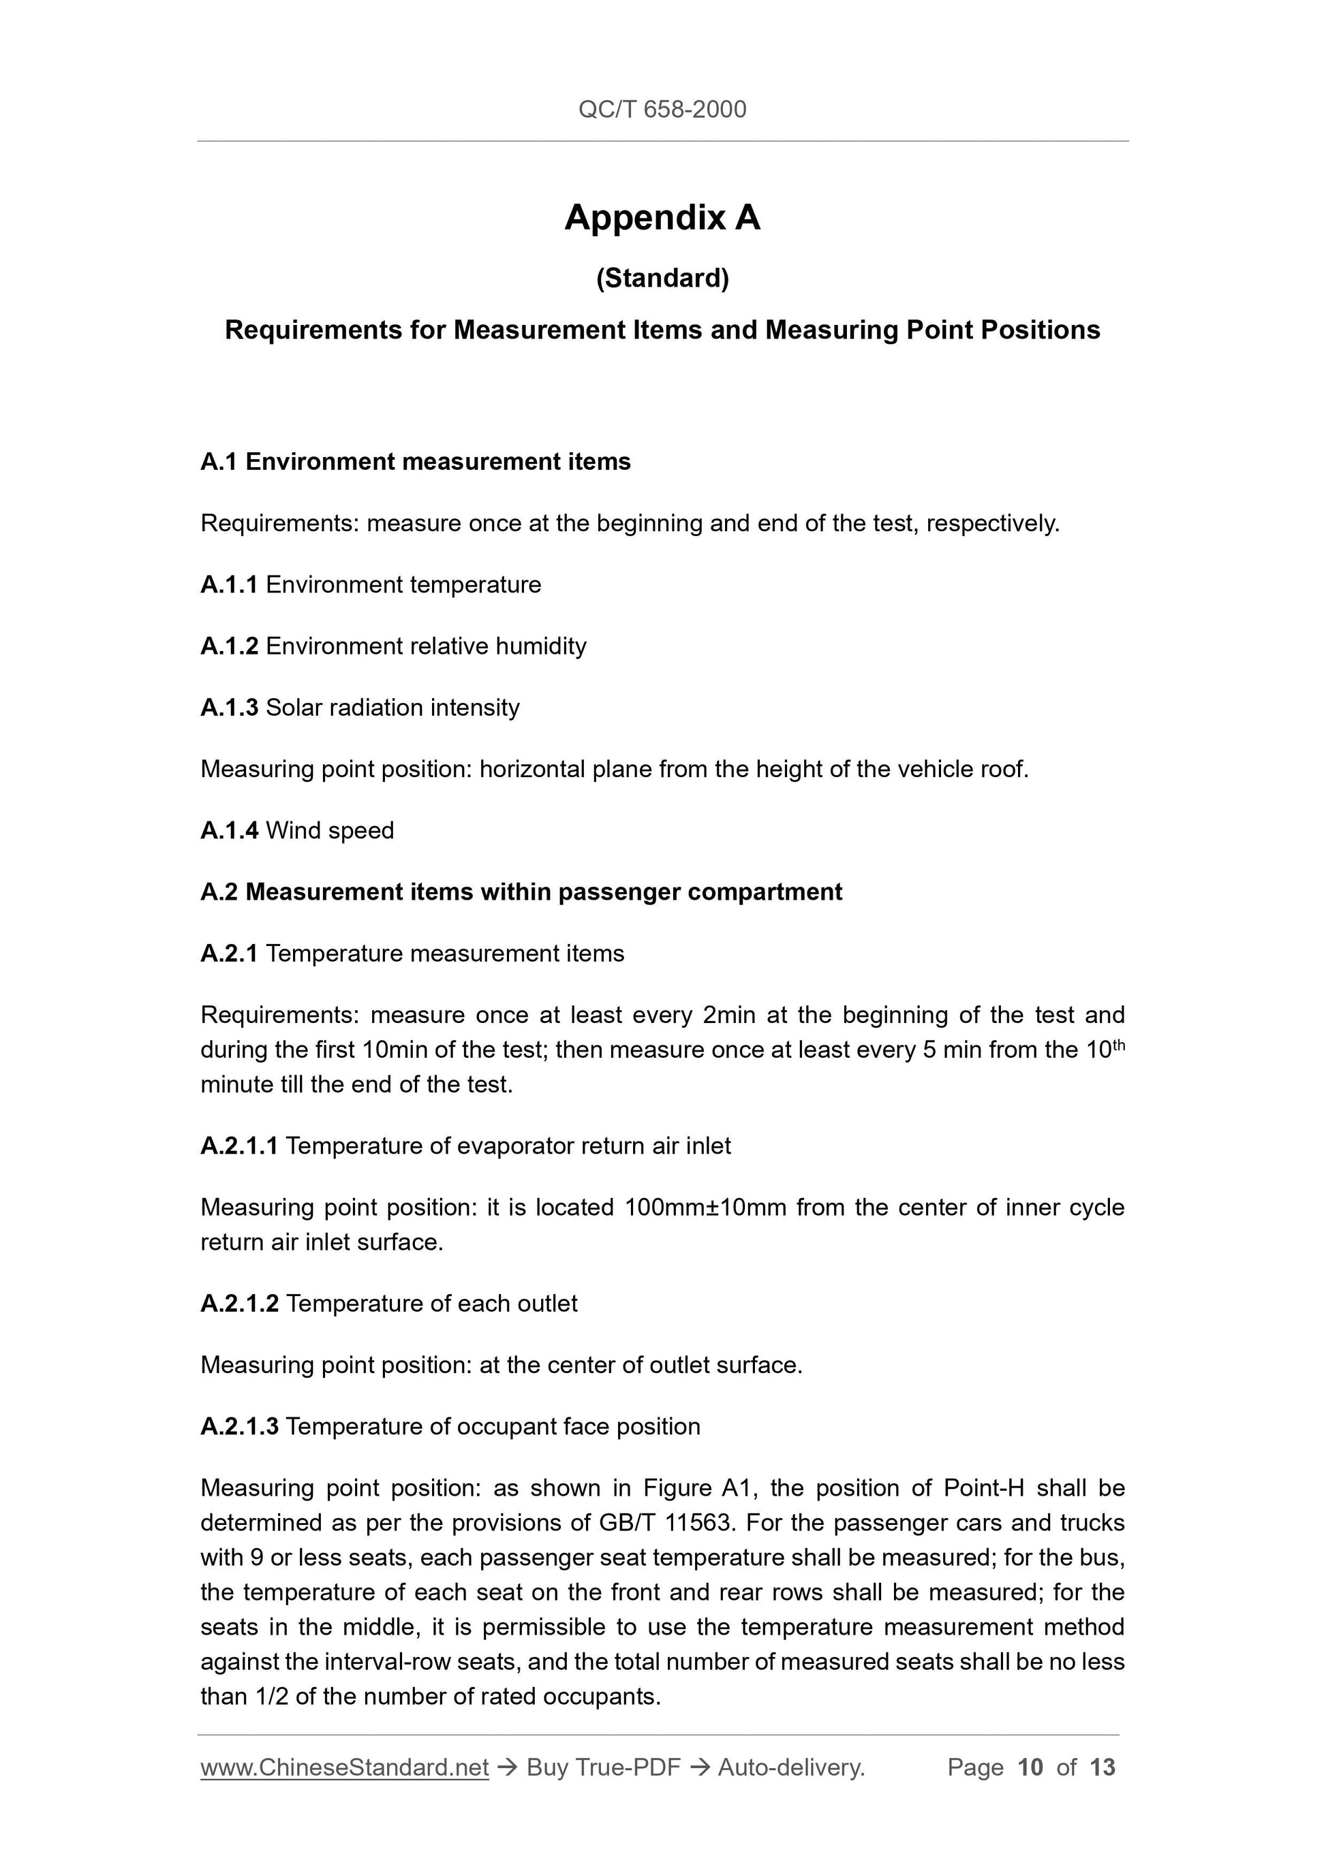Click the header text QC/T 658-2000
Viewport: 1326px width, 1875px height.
point(662,110)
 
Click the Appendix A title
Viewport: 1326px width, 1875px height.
point(662,218)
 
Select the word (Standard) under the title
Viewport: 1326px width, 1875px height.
point(662,279)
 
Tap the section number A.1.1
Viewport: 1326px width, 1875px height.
point(229,585)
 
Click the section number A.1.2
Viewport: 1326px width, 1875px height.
point(229,646)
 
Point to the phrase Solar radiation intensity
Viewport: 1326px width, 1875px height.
point(392,707)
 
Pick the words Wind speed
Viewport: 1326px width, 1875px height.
point(330,830)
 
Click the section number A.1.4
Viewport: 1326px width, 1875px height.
point(229,830)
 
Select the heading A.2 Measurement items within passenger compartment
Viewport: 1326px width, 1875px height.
point(521,892)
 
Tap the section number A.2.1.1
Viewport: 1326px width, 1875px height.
point(238,1146)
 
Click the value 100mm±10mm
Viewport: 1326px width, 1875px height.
point(705,1207)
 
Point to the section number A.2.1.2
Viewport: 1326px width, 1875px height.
point(239,1304)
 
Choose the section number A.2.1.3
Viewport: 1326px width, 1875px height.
point(239,1427)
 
